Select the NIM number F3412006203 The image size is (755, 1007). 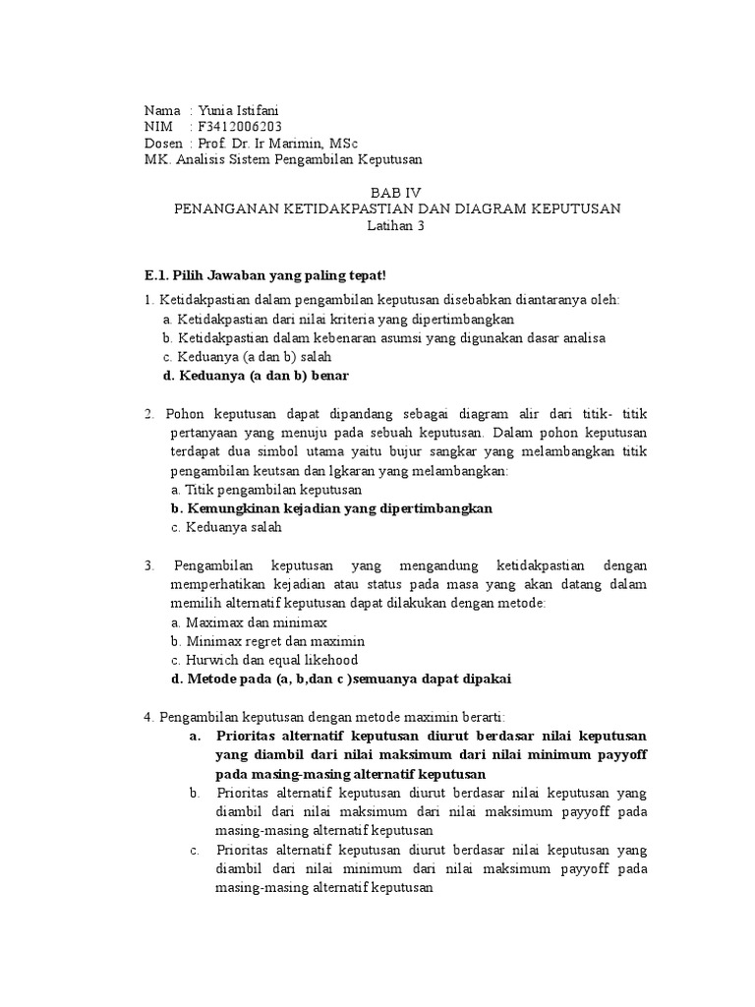coord(241,127)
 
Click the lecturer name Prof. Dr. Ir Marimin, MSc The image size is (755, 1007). coord(277,144)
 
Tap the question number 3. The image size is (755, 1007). coord(147,565)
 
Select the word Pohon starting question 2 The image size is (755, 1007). coord(184,414)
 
